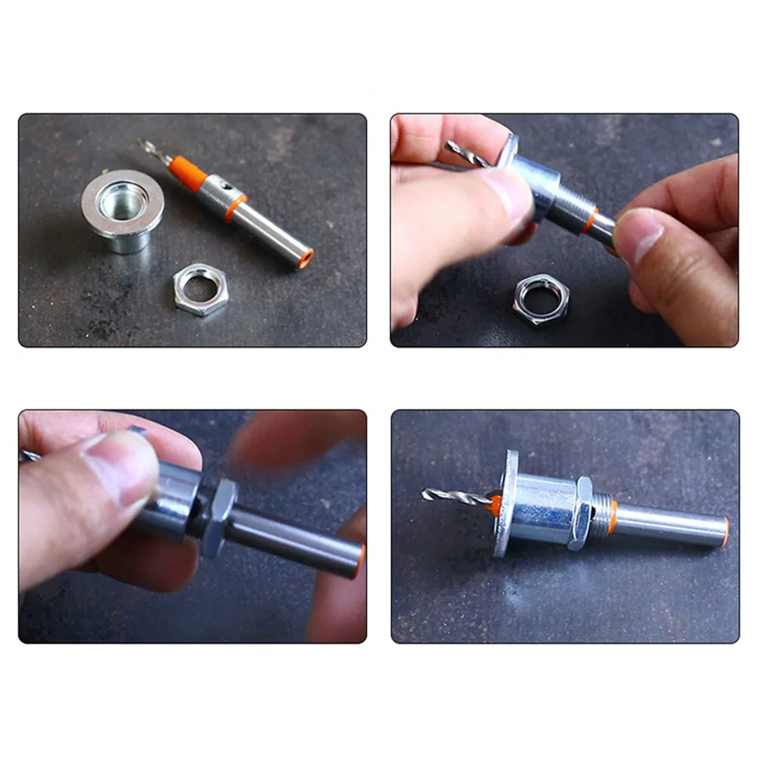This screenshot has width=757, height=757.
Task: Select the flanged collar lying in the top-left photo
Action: pyautogui.click(x=123, y=207)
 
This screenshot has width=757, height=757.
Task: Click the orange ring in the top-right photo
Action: pyautogui.click(x=590, y=220)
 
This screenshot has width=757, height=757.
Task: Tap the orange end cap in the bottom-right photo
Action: pyautogui.click(x=725, y=532)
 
